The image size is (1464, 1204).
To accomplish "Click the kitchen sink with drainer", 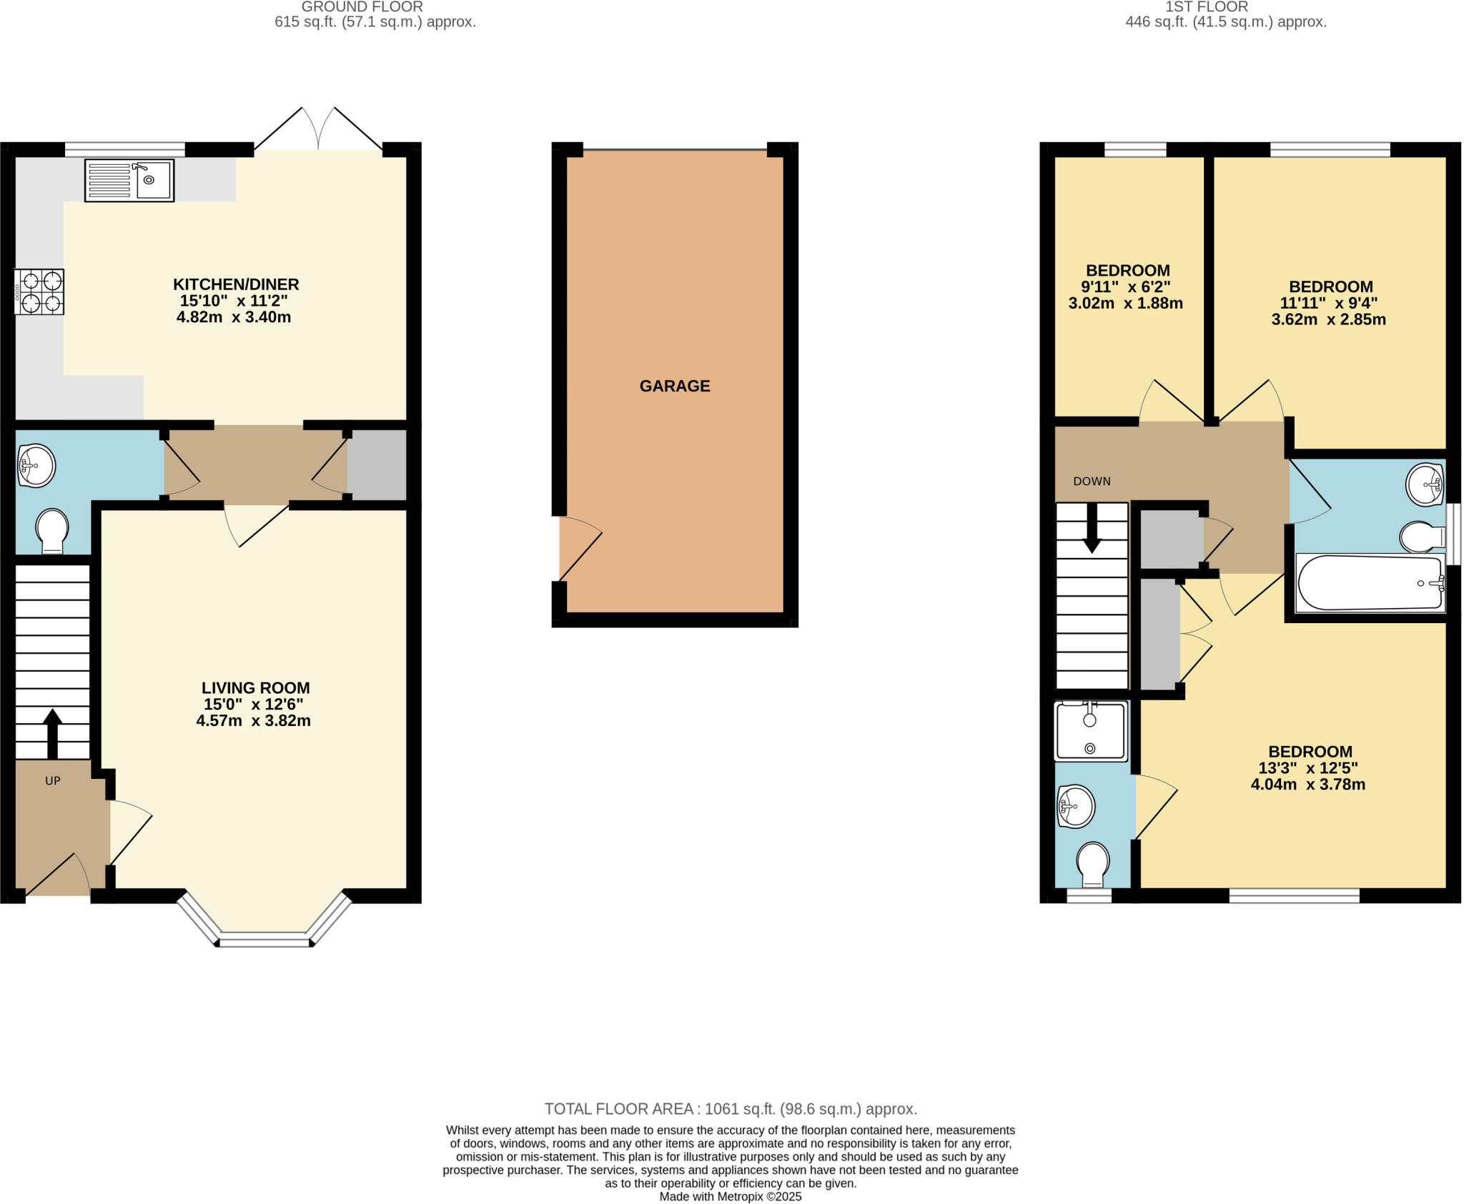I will pos(129,180).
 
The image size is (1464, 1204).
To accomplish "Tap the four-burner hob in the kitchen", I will pos(40,292).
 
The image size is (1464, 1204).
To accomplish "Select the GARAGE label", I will pos(674,386).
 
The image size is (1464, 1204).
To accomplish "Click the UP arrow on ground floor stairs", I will pos(52,733).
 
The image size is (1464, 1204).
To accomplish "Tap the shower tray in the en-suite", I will pos(1090,730).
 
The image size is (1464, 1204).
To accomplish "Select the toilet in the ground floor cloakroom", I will pos(51,531).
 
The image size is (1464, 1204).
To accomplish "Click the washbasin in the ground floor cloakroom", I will pos(35,466).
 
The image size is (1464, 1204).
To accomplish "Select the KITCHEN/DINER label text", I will pos(236,284).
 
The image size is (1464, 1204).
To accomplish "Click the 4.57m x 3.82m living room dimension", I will pos(253,720).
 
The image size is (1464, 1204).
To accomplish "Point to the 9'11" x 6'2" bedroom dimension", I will pos(1125,287).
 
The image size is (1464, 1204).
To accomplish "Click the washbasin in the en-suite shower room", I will pos(1075,807).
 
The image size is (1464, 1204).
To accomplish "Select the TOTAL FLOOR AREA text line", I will pos(731,1109).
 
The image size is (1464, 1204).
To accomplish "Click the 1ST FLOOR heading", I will pos(1226,7).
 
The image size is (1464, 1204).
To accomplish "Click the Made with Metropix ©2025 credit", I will pos(730,1196).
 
